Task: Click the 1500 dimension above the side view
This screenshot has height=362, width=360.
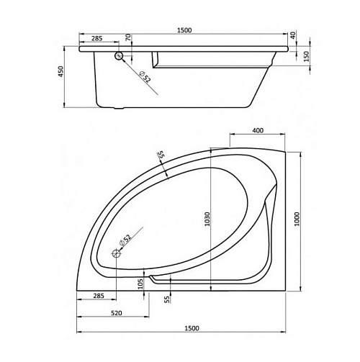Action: coord(184,30)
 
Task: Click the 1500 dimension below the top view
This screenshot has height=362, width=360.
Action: coord(192,328)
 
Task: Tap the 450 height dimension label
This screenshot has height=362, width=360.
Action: coord(61,71)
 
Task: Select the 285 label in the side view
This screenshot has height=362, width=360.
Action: coord(97,38)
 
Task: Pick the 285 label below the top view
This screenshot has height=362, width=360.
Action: coord(99,296)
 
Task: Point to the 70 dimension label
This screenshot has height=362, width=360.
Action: coord(128,37)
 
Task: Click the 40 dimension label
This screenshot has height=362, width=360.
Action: coord(293,35)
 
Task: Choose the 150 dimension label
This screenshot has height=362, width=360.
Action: coord(307,57)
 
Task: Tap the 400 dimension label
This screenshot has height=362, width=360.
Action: coord(258,130)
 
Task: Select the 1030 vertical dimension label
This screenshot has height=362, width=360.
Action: coord(207,219)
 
